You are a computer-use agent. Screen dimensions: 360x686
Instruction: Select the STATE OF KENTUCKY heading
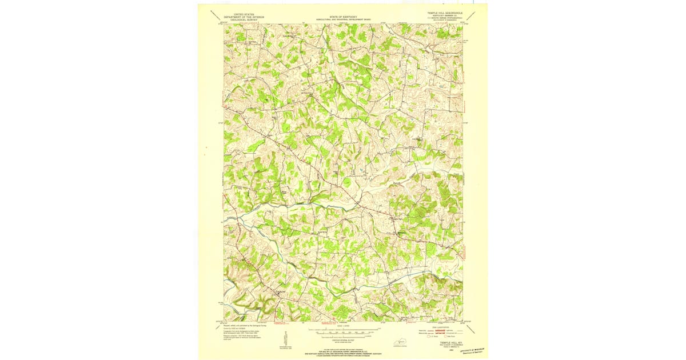pyautogui.click(x=342, y=17)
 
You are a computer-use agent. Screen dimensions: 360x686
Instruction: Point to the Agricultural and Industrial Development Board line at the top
pyautogui.click(x=342, y=20)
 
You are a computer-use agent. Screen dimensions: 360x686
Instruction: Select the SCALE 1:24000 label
pyautogui.click(x=342, y=326)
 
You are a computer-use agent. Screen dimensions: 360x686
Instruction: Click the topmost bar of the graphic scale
pyautogui.click(x=342, y=329)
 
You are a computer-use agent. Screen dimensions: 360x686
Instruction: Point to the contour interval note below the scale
pyautogui.click(x=342, y=339)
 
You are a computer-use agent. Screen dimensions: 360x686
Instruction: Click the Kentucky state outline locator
pyautogui.click(x=397, y=342)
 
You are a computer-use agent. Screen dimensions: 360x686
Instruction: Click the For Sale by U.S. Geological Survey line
pyautogui.click(x=342, y=349)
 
